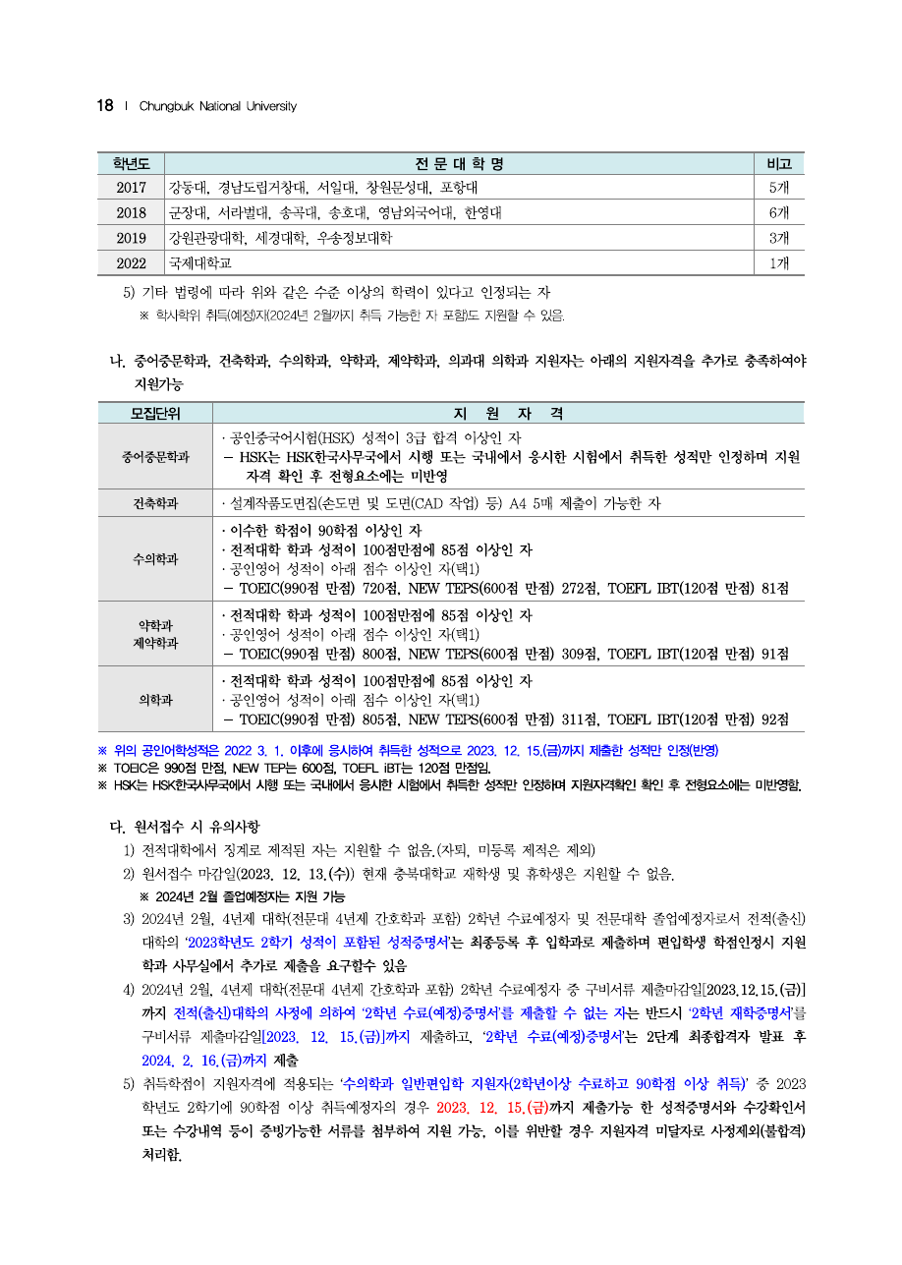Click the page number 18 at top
click(x=105, y=105)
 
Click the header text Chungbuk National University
click(x=217, y=106)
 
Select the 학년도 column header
click(x=131, y=163)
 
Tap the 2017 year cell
click(x=131, y=188)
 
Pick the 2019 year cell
click(x=131, y=238)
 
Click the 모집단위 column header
click(x=155, y=413)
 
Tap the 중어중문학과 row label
click(x=155, y=457)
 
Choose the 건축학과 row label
click(x=155, y=503)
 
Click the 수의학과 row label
click(x=155, y=559)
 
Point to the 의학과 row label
click(x=155, y=700)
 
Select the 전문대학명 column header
click(x=459, y=163)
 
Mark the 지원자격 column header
click(x=508, y=413)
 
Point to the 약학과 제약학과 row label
click(x=155, y=634)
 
